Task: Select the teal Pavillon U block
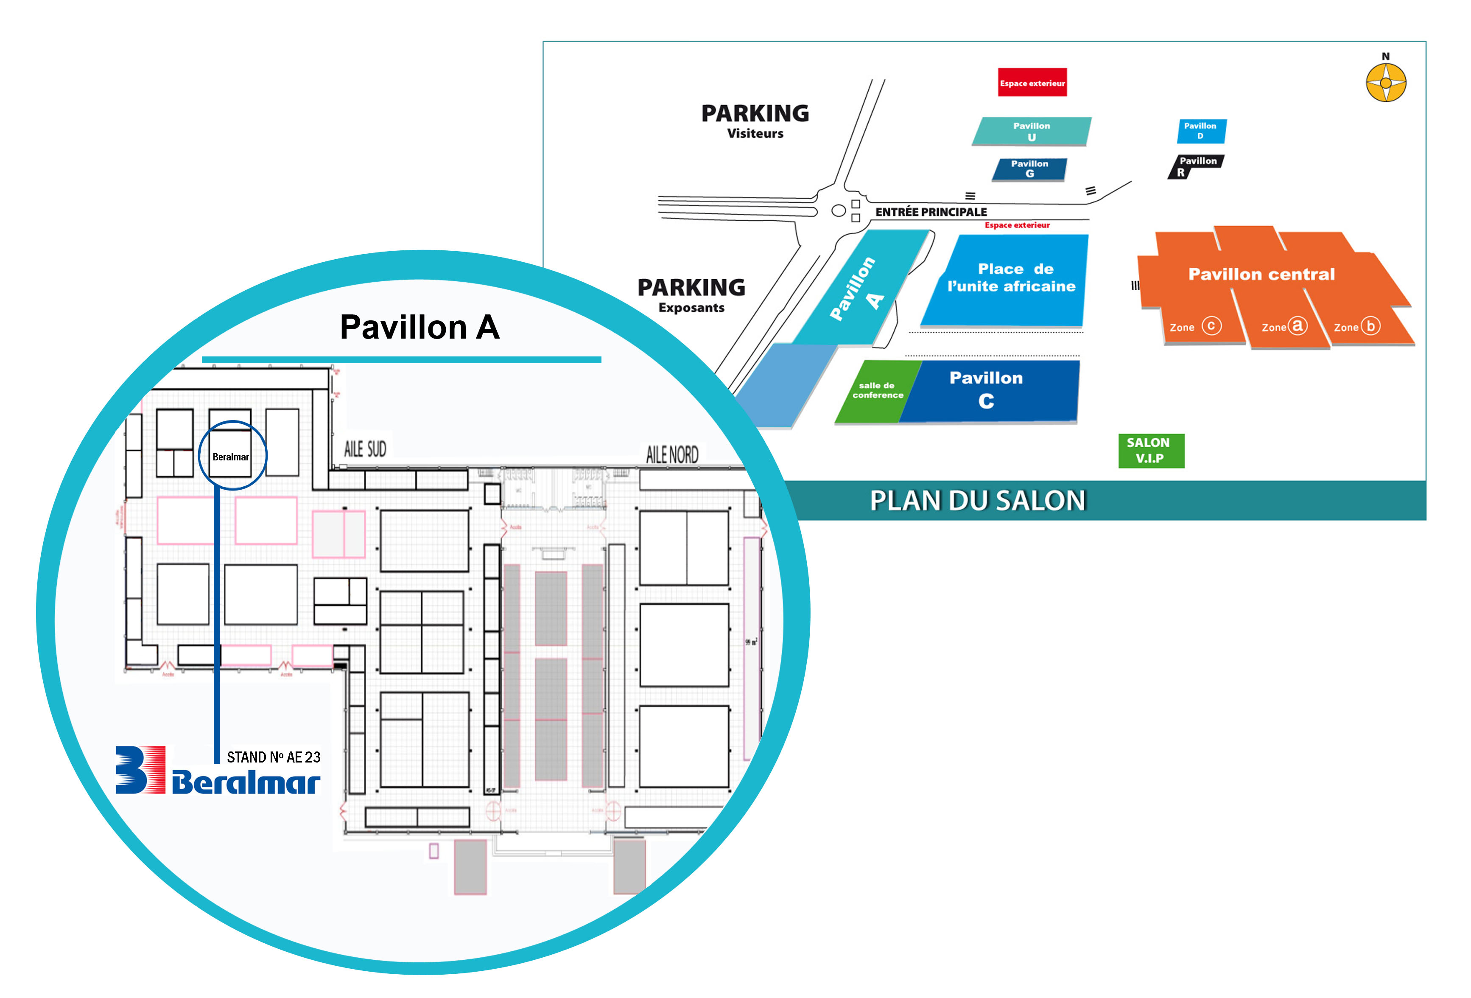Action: click(x=1031, y=131)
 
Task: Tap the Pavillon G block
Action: click(x=1029, y=168)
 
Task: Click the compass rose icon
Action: click(x=1386, y=83)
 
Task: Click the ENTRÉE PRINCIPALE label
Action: click(x=931, y=212)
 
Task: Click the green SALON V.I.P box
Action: click(x=1151, y=450)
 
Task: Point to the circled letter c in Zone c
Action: click(x=1211, y=326)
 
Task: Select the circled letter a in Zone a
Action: click(x=1298, y=325)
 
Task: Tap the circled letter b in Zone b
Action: click(x=1370, y=326)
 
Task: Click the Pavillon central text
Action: click(x=1261, y=274)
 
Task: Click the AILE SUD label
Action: click(x=365, y=449)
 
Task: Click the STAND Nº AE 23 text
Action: click(x=274, y=757)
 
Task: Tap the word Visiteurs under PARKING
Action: click(x=755, y=134)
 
